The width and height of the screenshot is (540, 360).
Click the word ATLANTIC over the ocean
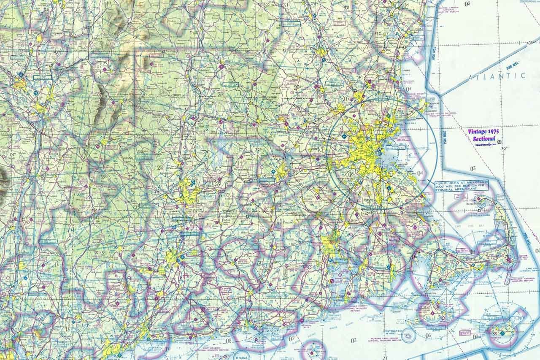[497, 76]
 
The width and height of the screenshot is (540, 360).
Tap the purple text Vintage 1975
[483, 131]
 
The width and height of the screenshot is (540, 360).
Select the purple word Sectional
[484, 138]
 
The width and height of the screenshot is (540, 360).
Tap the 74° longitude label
[12, 154]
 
